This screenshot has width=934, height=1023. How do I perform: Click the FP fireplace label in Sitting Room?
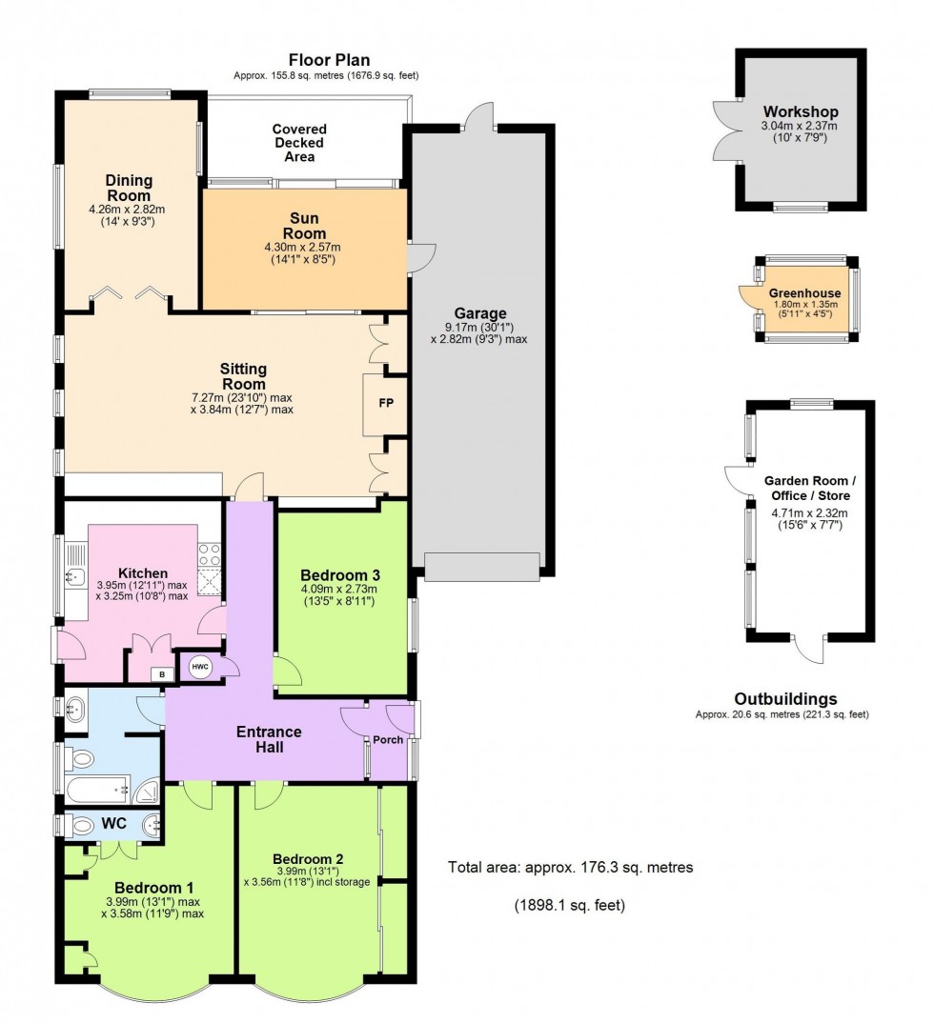(x=386, y=403)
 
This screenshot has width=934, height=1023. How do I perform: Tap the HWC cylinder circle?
(x=200, y=667)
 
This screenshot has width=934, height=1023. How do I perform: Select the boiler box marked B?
(x=161, y=675)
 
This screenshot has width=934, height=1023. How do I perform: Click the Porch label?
(x=388, y=741)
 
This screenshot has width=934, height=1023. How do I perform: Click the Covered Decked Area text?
(x=299, y=143)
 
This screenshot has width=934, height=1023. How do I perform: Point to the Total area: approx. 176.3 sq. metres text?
(x=570, y=868)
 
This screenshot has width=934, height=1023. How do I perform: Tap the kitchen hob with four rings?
(x=209, y=553)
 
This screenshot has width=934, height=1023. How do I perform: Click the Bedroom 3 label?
(x=340, y=575)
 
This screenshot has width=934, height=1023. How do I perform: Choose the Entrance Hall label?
(x=269, y=739)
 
